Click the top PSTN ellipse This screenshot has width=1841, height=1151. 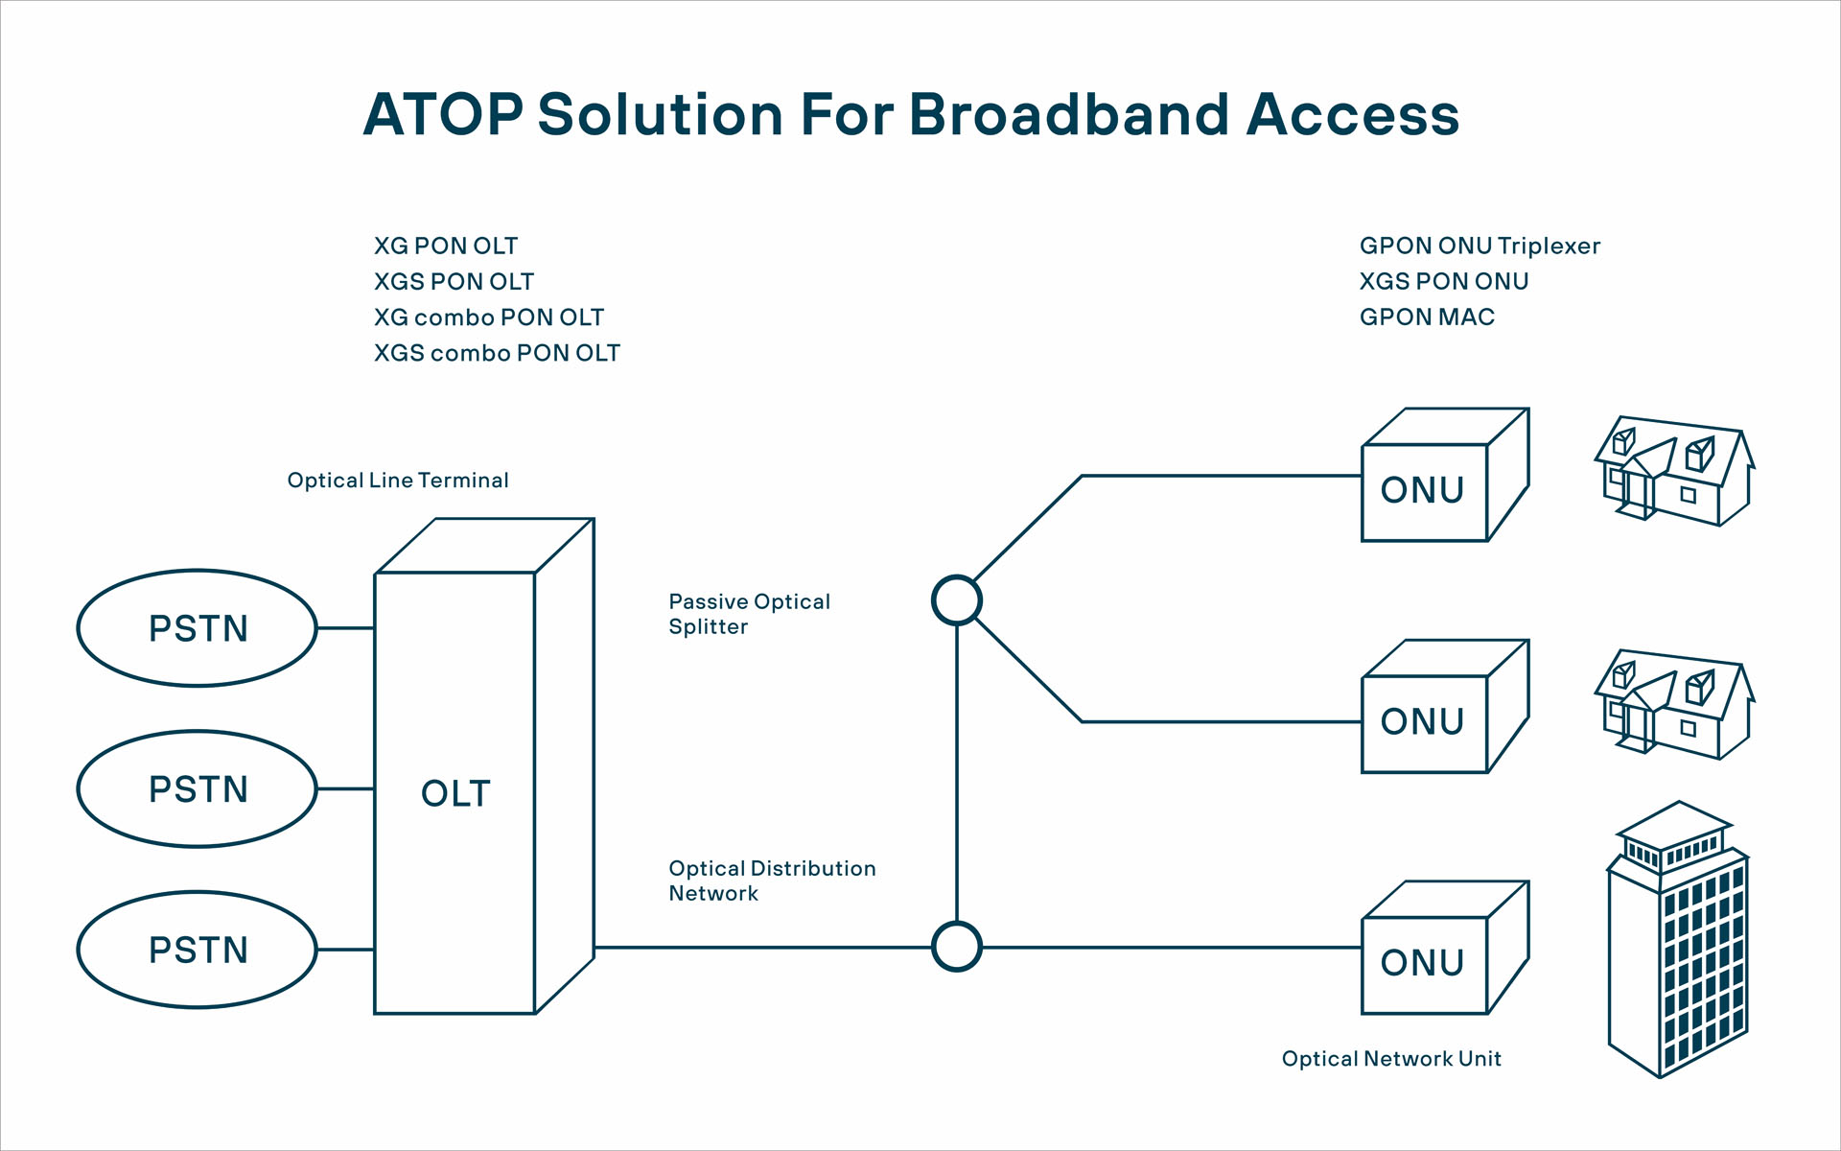[198, 628]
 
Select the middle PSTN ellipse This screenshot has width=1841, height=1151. [198, 789]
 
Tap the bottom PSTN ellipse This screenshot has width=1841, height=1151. [198, 950]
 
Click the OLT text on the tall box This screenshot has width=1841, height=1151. [455, 794]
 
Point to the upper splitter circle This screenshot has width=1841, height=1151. [957, 600]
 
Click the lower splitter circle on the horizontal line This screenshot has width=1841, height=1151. [957, 947]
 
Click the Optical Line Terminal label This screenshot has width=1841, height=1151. [398, 481]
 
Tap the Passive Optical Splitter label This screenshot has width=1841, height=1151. [749, 614]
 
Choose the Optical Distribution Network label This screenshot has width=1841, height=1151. [772, 881]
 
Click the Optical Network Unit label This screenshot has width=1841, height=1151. [1391, 1059]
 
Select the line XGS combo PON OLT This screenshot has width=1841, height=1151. [497, 353]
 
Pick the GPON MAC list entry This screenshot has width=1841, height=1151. [1427, 317]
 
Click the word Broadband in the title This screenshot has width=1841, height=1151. [1068, 115]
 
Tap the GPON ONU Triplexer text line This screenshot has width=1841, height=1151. [1480, 247]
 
